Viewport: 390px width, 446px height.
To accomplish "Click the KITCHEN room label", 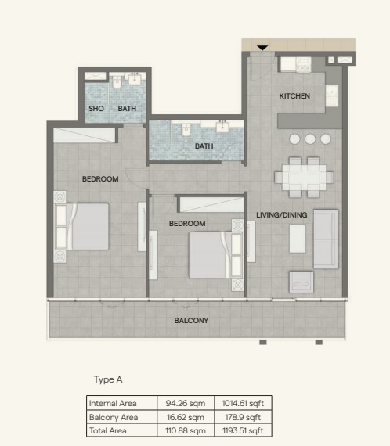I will [294, 96].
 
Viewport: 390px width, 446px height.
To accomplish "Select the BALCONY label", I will [191, 321].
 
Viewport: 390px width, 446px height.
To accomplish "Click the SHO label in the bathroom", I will [96, 109].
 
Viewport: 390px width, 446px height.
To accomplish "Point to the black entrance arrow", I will [263, 49].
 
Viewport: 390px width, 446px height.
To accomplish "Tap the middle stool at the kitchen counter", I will [310, 139].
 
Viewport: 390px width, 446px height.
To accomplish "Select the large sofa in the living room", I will [326, 239].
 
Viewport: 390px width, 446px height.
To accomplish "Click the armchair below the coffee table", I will [302, 282].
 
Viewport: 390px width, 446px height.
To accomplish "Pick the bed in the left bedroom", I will [81, 226].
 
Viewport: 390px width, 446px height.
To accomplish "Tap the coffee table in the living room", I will [297, 239].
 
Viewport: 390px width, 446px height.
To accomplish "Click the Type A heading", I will [108, 379].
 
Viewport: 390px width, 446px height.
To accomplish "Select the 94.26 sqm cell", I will [186, 403].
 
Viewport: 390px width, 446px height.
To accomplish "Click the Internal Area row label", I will [114, 403].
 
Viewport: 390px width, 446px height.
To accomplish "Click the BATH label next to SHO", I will [127, 109].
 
